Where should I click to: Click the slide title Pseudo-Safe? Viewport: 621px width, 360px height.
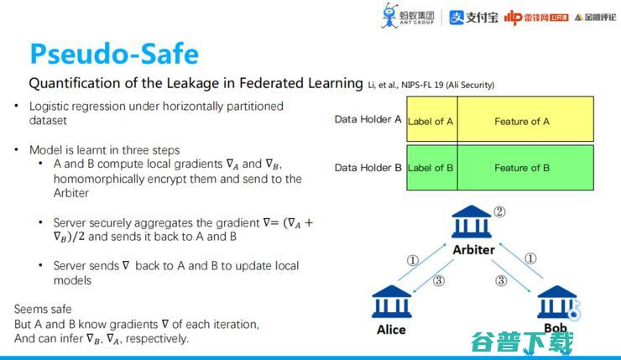click(x=114, y=54)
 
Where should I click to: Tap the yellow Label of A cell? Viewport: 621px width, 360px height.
click(x=431, y=122)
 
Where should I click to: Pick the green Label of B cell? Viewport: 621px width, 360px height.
click(x=431, y=168)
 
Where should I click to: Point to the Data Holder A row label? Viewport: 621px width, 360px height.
click(x=368, y=120)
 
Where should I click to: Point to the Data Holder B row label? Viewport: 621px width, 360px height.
click(x=368, y=167)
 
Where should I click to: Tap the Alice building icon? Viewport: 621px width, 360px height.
click(x=392, y=301)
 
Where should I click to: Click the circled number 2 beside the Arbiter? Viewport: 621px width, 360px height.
click(x=499, y=212)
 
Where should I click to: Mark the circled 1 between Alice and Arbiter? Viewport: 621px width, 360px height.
click(x=412, y=260)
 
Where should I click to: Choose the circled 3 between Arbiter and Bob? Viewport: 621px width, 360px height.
click(x=501, y=280)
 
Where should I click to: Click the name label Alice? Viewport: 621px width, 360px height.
click(x=392, y=330)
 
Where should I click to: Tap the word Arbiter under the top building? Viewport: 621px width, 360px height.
click(x=473, y=249)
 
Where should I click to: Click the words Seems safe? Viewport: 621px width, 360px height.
click(x=43, y=309)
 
